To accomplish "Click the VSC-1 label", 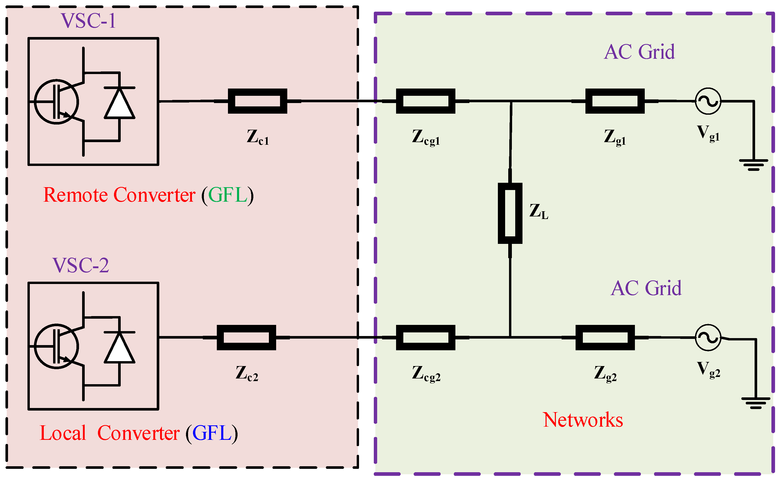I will tap(89, 21).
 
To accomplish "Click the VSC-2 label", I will tap(81, 265).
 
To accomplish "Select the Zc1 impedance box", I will tap(257, 101).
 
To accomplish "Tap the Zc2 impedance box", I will tap(246, 338).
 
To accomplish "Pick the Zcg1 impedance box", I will tap(426, 101).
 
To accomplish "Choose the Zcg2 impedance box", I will tap(426, 338).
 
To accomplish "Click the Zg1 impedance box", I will tap(615, 101).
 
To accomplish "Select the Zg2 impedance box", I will tap(605, 338).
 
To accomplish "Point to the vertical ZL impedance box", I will tap(510, 213).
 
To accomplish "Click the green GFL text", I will tap(228, 195).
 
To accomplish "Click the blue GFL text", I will tap(212, 433).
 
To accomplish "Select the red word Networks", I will tap(583, 420).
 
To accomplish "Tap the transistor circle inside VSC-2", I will tap(56, 346).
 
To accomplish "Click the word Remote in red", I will tap(75, 195).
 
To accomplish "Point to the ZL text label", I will tap(539, 212).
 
